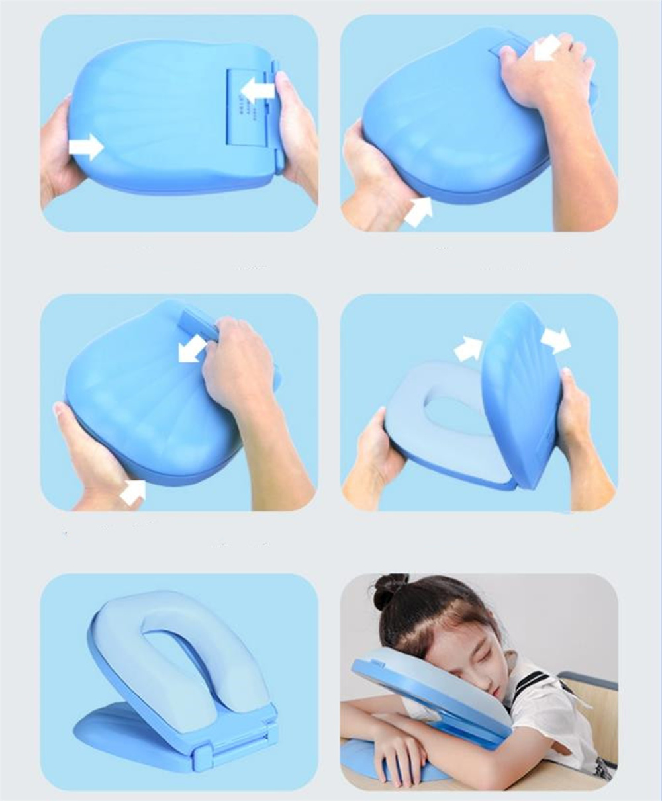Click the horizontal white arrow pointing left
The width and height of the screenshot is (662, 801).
click(258, 90)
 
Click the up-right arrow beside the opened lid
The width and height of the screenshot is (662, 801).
click(469, 349)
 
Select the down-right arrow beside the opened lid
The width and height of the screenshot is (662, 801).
click(555, 339)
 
